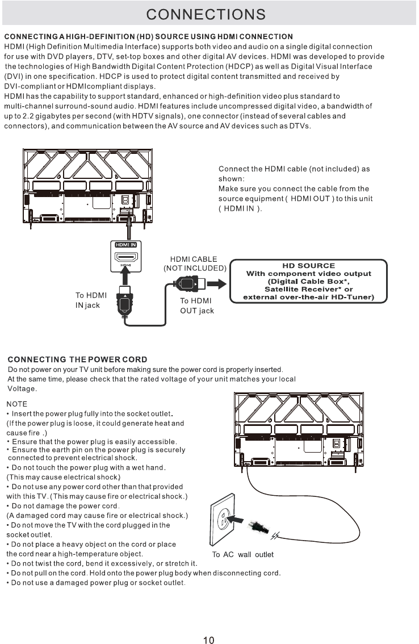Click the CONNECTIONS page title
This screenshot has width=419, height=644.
coord(206,14)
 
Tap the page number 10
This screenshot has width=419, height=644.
coord(209,639)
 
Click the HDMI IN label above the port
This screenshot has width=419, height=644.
coord(126,245)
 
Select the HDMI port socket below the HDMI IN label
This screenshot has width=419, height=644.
coord(126,257)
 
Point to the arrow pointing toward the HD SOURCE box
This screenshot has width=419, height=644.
coord(216,284)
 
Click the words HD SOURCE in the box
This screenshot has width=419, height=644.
coord(308,266)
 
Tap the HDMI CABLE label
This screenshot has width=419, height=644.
coord(194,259)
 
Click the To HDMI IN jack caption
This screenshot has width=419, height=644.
coord(91,300)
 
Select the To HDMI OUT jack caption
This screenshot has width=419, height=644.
coord(197,306)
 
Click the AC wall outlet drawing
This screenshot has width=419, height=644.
coord(222,519)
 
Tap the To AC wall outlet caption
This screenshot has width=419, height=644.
coord(243,554)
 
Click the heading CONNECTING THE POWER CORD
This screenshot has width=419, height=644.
coord(77,359)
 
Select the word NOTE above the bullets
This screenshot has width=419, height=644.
coord(17,404)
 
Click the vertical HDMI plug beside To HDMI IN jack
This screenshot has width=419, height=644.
coord(124,301)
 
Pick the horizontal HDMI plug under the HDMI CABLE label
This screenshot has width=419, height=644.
coord(190,284)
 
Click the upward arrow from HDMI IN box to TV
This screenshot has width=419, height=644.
coord(129,226)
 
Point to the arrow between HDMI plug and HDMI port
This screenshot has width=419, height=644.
coord(126,277)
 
